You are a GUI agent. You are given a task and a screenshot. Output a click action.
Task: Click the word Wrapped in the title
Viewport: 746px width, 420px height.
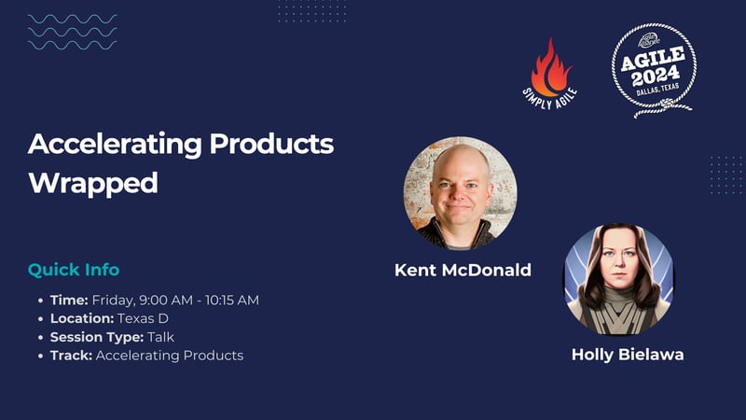(93, 183)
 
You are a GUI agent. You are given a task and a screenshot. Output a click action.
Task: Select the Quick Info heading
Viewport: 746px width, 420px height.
(74, 270)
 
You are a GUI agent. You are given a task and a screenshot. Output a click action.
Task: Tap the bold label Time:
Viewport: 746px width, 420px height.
(69, 300)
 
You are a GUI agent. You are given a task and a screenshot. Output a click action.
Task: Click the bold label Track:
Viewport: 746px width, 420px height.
(71, 356)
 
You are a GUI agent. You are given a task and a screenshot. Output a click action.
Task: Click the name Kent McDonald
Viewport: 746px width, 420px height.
(463, 271)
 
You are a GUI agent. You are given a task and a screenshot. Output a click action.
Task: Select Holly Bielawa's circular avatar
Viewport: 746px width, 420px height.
(619, 278)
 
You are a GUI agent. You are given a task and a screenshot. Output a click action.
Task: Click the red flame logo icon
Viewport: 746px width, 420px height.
(549, 71)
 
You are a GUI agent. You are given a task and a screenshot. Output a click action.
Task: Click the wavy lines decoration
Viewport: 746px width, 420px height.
(72, 32)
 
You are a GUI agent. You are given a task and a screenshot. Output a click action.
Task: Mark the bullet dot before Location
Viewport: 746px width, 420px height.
(40, 318)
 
